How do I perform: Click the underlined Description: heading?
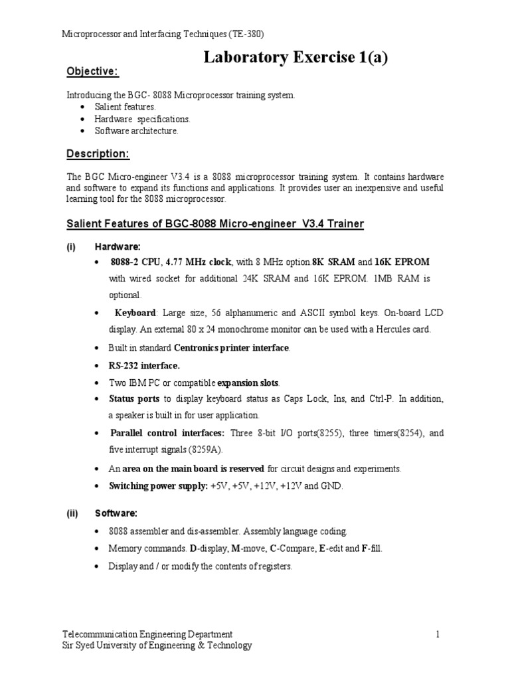98,154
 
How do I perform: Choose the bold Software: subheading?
116,513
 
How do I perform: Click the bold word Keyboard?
135,312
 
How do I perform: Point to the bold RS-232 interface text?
144,365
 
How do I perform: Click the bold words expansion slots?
248,382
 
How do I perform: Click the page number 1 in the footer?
438,634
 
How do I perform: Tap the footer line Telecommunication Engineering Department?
147,634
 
